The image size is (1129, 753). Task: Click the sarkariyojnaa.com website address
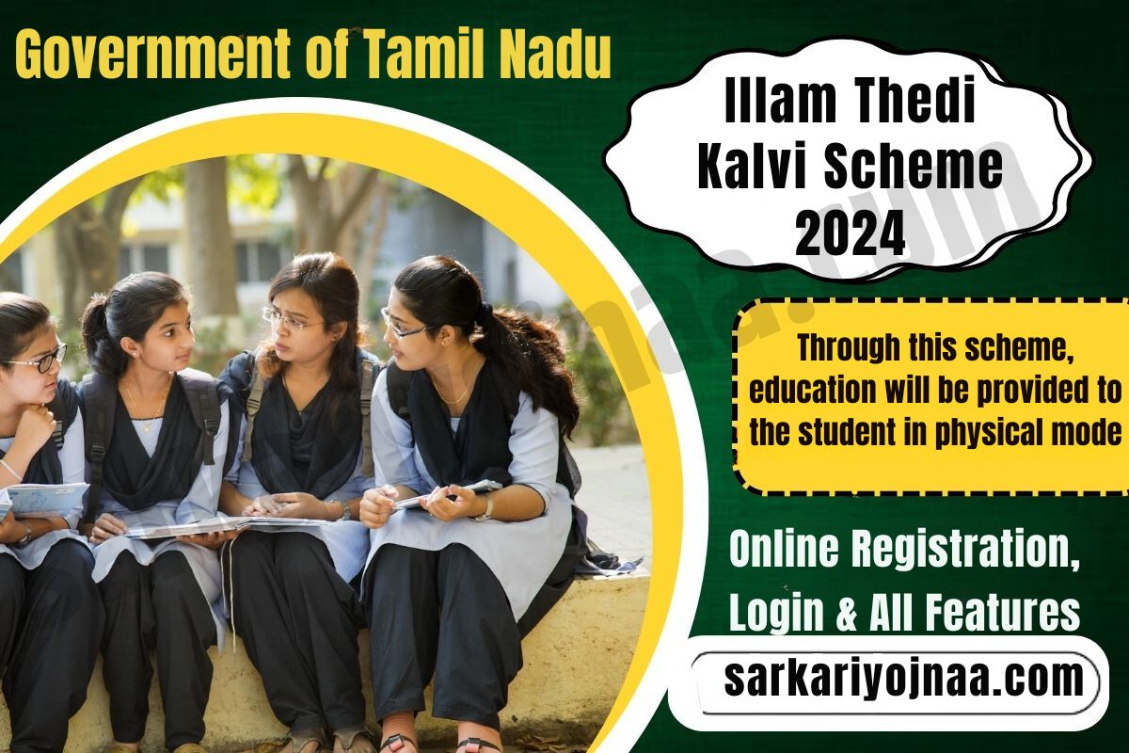point(902,679)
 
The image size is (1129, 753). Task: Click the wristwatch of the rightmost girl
point(484,509)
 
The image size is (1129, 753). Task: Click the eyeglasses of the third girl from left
point(290,320)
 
